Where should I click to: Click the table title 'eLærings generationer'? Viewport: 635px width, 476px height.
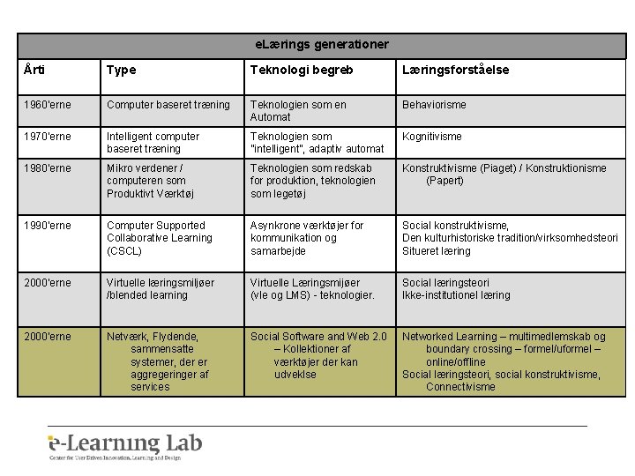[x=322, y=43]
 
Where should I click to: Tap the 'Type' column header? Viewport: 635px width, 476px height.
[x=122, y=71]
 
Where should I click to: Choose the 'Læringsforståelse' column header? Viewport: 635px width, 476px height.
[x=455, y=71]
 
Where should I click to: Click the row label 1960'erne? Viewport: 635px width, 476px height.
[x=49, y=105]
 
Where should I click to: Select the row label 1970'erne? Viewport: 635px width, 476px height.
[x=49, y=137]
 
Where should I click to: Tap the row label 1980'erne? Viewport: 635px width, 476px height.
[x=49, y=168]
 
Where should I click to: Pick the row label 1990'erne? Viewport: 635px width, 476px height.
[x=49, y=226]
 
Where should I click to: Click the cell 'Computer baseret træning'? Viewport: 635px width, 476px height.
[x=168, y=105]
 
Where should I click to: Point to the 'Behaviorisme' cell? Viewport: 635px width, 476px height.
[x=435, y=105]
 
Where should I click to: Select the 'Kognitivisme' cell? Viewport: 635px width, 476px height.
[x=432, y=137]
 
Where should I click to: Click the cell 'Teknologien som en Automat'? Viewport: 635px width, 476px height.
[x=298, y=111]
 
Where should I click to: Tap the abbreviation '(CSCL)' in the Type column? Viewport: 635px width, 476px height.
[x=125, y=251]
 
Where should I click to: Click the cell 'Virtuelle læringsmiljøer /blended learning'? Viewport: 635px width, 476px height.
[x=161, y=289]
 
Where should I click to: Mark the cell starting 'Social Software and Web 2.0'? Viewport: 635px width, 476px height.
[x=318, y=355]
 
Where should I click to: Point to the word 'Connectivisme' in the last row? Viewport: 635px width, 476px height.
[x=460, y=387]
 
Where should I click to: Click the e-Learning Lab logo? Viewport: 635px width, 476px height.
[x=125, y=446]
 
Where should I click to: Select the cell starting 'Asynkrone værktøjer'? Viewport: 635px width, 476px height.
[x=307, y=238]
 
